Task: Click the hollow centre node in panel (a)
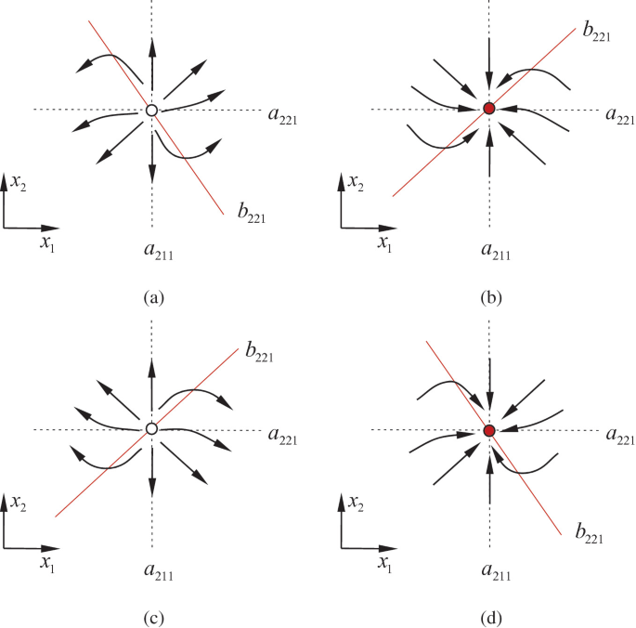150,111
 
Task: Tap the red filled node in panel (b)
489,111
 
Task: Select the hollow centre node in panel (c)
150,429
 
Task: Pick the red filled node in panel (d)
489,430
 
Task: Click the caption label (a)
153,298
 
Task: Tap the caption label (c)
153,616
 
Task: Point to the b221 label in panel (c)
263,352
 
